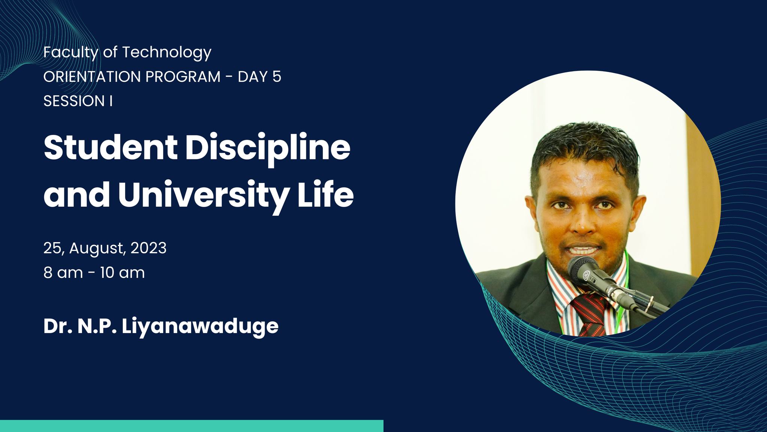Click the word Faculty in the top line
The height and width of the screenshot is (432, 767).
(x=71, y=52)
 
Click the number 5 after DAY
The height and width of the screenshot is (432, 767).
(x=277, y=77)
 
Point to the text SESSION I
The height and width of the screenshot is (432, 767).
(x=78, y=101)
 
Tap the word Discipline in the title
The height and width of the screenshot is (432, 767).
(x=268, y=150)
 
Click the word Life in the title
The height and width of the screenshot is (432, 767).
(x=326, y=195)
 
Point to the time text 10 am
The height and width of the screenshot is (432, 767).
(x=122, y=273)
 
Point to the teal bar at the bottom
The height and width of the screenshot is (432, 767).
(x=192, y=426)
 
